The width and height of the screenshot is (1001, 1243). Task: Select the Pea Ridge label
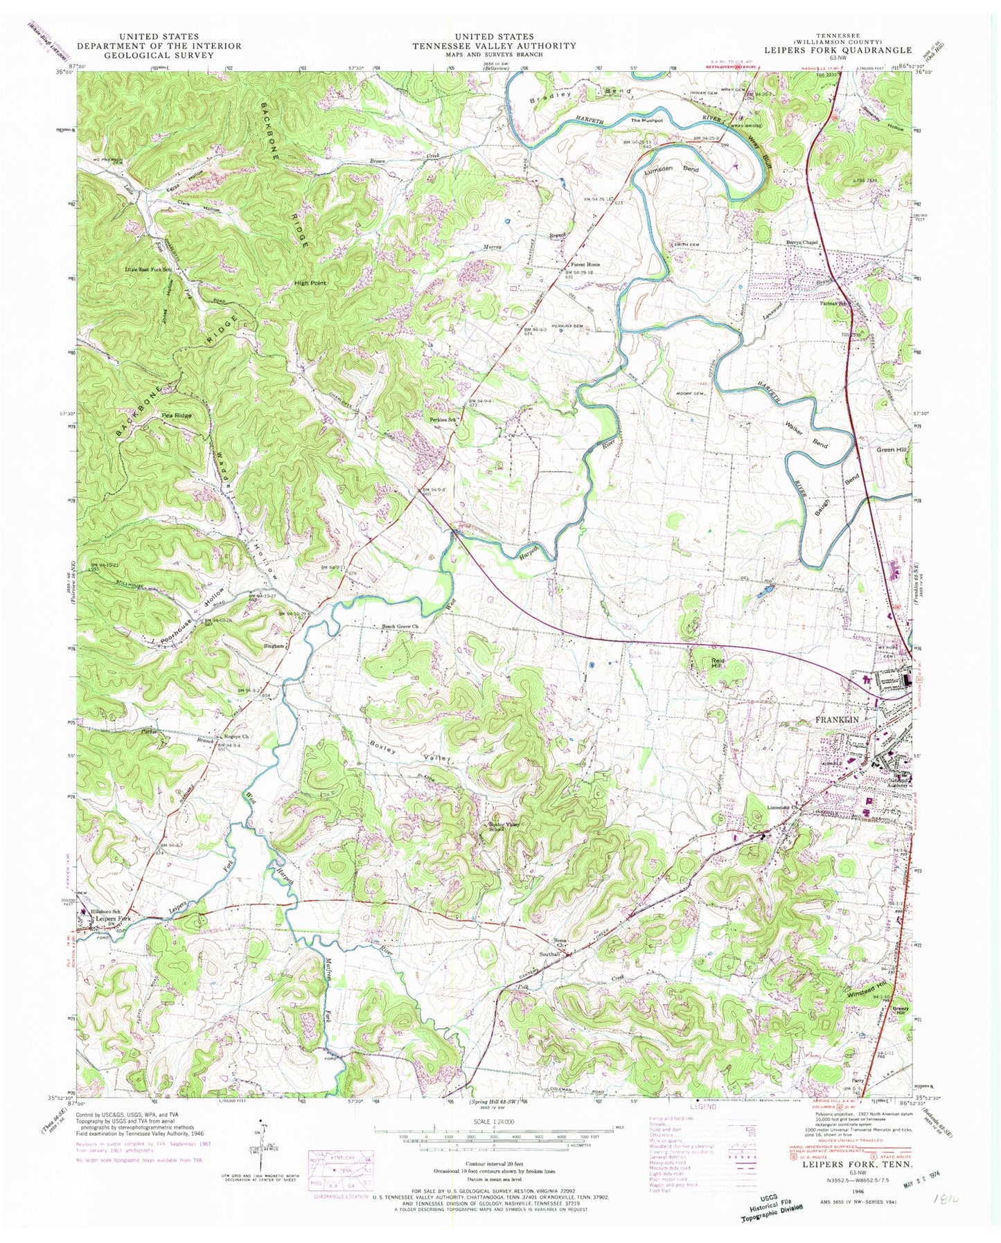click(176, 415)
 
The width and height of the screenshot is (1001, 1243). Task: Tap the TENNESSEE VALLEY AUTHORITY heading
click(494, 46)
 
